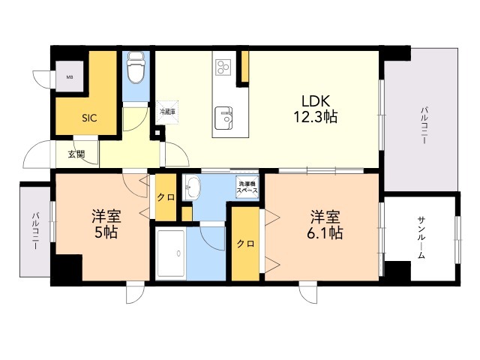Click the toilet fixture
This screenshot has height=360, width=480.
(x=136, y=67)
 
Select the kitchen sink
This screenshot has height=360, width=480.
(x=223, y=118)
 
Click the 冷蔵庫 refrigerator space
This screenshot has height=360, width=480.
(x=167, y=112)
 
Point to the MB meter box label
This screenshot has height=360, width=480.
(x=70, y=77)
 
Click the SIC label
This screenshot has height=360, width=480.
(x=89, y=118)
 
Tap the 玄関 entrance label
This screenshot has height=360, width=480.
(x=76, y=154)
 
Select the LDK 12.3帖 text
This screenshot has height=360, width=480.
(x=316, y=109)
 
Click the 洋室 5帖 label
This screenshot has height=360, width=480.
(x=106, y=223)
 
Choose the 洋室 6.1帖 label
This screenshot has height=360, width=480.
(x=325, y=225)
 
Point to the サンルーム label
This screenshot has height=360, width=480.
(x=421, y=238)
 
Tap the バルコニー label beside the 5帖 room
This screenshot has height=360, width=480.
(x=36, y=231)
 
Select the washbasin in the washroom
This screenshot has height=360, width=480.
(x=192, y=187)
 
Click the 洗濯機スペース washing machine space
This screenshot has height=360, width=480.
(x=247, y=187)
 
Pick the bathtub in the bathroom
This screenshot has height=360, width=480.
(x=170, y=253)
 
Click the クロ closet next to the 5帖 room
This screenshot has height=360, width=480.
(x=166, y=197)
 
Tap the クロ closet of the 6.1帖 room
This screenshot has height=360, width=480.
(x=245, y=244)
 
